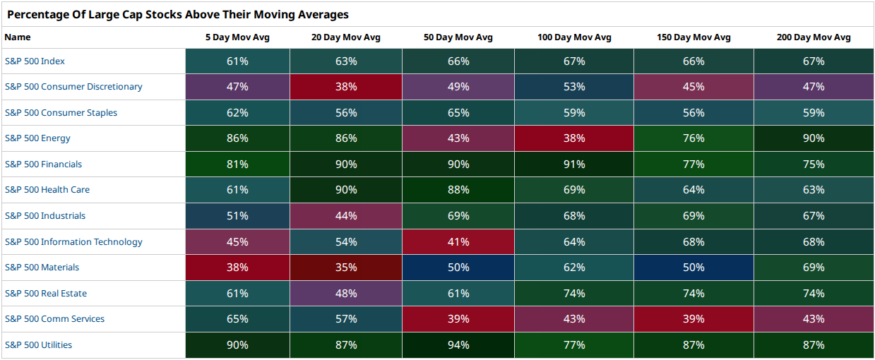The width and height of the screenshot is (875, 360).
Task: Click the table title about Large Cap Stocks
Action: (x=178, y=14)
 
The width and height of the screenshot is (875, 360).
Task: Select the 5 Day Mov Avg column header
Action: (x=237, y=37)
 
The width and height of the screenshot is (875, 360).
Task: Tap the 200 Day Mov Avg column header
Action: (x=814, y=37)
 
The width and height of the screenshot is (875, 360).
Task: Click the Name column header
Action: (x=18, y=37)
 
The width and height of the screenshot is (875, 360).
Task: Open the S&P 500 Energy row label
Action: (x=37, y=138)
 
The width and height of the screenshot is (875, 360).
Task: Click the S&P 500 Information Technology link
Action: (x=73, y=242)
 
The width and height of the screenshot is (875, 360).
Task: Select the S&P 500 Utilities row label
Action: (x=38, y=345)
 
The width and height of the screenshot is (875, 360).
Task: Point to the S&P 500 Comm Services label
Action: (x=54, y=319)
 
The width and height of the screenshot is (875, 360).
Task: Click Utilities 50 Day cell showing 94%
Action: (x=458, y=345)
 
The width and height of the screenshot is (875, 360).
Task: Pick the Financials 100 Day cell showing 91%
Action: (x=574, y=164)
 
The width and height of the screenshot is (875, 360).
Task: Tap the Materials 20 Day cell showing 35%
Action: (x=346, y=268)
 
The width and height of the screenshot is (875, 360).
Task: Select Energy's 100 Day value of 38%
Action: (x=574, y=138)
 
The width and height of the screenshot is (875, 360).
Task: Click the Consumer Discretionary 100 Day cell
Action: (x=574, y=87)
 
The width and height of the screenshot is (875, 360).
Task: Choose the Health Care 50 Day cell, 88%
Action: (x=458, y=190)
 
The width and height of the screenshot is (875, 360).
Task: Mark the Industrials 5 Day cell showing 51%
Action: (x=237, y=216)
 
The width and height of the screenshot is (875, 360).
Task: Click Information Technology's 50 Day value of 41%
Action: (x=458, y=242)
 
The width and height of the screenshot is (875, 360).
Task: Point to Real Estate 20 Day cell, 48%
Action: (x=346, y=293)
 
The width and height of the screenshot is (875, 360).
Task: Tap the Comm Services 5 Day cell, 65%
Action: (x=237, y=319)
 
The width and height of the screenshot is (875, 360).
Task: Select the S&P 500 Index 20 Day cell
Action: (x=346, y=61)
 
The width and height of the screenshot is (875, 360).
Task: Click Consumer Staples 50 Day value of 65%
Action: (x=458, y=112)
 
